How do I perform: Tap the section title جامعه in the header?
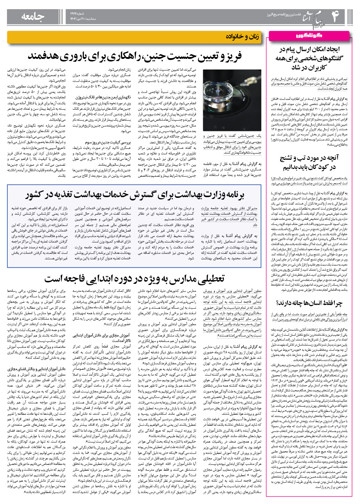33,16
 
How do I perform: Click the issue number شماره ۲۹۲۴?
77,13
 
